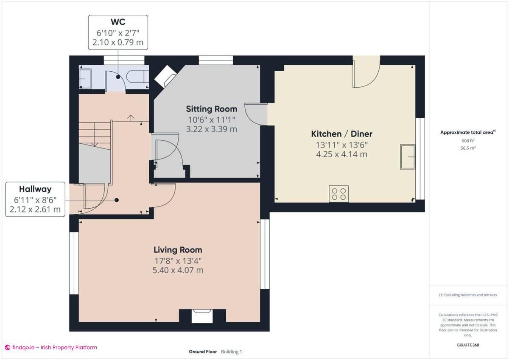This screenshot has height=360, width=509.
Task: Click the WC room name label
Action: [118, 22]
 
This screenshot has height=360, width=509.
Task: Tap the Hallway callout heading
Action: [35, 189]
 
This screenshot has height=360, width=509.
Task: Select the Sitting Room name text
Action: [212, 109]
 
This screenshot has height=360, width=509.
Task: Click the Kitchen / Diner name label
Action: [341, 134]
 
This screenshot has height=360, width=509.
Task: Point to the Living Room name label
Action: [178, 250]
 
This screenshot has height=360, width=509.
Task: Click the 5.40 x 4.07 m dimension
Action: [178, 270]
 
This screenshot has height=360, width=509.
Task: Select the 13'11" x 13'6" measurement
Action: [341, 145]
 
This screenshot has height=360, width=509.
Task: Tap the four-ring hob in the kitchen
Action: [338, 194]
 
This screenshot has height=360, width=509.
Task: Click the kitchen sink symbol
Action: [408, 156]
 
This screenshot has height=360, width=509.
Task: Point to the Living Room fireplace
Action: [202, 316]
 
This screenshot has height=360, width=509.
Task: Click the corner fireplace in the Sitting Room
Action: [165, 77]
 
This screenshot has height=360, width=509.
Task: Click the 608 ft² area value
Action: [468, 141]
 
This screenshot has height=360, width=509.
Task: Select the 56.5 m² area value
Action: [468, 148]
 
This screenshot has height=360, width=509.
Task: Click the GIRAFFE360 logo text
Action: [468, 345]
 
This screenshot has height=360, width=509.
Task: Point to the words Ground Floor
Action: [203, 352]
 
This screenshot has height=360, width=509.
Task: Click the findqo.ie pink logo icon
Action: [7, 348]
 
